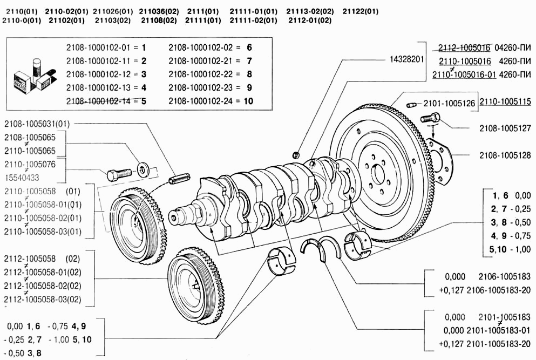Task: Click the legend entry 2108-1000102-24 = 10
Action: click(211, 101)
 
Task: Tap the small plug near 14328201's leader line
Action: click(296, 155)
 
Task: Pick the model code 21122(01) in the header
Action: click(361, 11)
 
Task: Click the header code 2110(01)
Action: click(21, 11)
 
